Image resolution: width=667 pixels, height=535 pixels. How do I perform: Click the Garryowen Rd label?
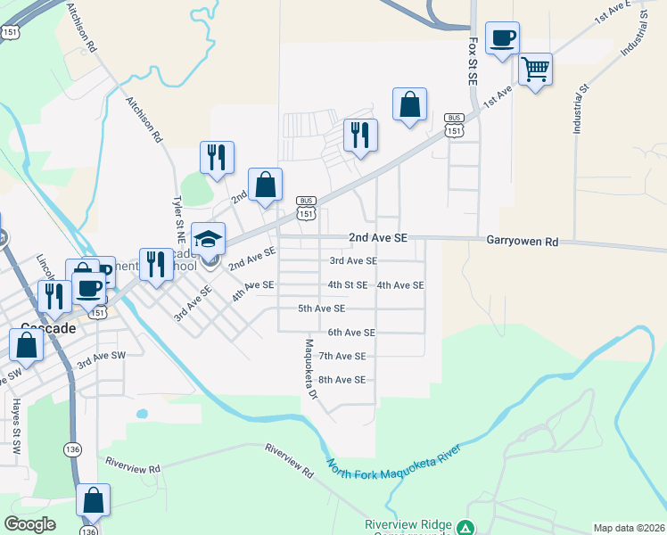(x=523, y=241)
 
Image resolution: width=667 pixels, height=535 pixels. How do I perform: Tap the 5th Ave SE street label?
(x=321, y=309)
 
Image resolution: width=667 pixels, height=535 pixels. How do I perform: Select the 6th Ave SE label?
(x=350, y=333)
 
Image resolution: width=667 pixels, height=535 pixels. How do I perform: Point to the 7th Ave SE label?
(x=342, y=357)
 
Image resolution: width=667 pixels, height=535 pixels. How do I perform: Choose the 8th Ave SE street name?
(x=342, y=380)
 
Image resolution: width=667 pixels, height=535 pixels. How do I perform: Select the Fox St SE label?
(x=473, y=54)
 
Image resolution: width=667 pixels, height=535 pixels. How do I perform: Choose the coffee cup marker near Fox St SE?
(x=502, y=37)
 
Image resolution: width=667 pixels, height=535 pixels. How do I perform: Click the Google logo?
(x=29, y=524)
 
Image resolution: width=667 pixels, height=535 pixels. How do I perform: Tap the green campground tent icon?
(x=464, y=528)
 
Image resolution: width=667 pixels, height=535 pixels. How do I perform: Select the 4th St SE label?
(x=348, y=285)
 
